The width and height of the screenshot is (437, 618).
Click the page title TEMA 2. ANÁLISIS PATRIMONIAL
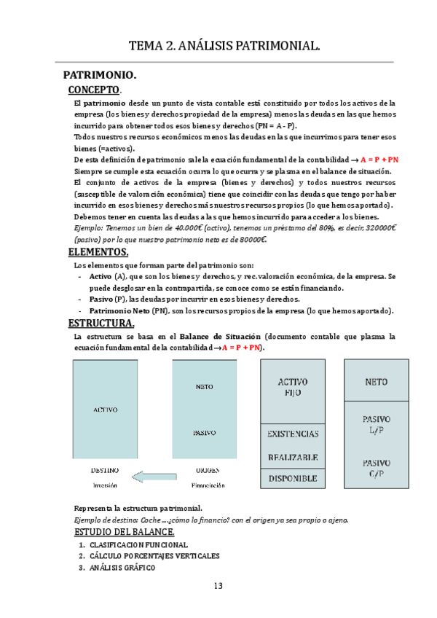pyautogui.click(x=224, y=47)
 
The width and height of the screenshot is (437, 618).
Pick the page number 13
pyautogui.click(x=219, y=587)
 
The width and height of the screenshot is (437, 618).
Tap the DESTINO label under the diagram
pyautogui.click(x=104, y=470)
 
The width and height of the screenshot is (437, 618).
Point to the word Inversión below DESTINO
pyautogui.click(x=104, y=485)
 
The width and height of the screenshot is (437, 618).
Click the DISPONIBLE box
pyautogui.click(x=293, y=479)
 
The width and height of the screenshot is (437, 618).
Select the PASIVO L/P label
pyautogui.click(x=376, y=425)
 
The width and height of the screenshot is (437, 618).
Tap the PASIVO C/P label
pyautogui.click(x=376, y=469)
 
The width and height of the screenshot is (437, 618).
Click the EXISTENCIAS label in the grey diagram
pyautogui.click(x=293, y=434)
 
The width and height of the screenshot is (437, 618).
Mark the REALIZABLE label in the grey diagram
pyautogui.click(x=293, y=457)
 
